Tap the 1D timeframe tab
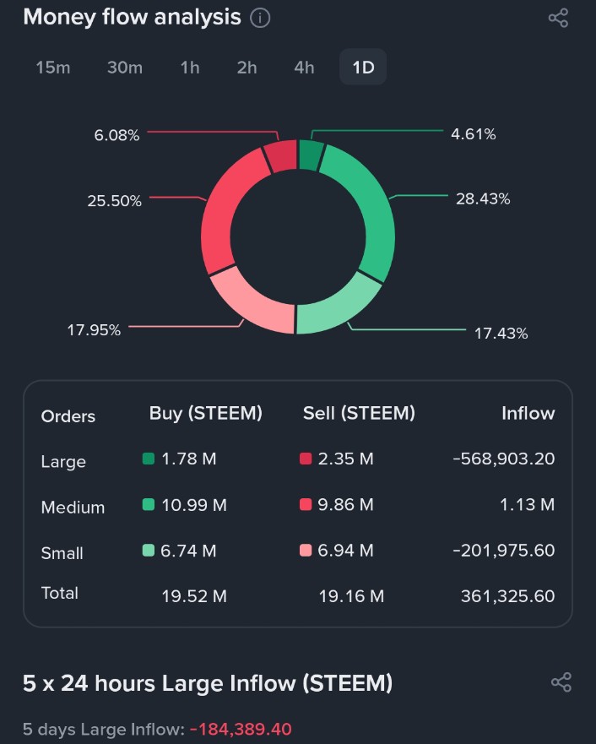point(363,68)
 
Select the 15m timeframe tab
point(53,68)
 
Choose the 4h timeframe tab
point(304,68)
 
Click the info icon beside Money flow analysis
point(260,18)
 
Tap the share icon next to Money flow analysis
point(558,18)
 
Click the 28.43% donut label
point(483,199)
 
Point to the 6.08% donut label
point(116,135)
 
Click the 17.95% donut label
point(94,330)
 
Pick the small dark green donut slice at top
point(311,155)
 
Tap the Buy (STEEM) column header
point(206,413)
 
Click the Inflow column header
point(528,413)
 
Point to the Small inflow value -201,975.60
point(503,551)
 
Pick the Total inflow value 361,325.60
point(507,596)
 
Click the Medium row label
point(73,508)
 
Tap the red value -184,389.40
point(241,729)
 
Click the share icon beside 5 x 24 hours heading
point(561,682)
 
